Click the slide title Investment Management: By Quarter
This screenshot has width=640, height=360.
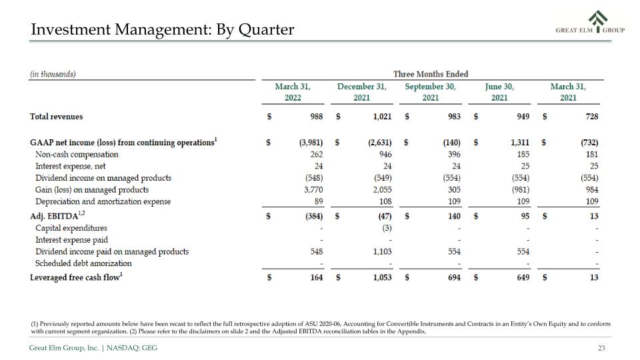click(163, 29)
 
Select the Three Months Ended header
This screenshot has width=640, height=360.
click(431, 74)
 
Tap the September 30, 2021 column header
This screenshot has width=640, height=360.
click(431, 92)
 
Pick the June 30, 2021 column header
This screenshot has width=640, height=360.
click(499, 92)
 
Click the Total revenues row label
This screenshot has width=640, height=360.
click(56, 116)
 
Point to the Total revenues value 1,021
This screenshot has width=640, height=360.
click(382, 116)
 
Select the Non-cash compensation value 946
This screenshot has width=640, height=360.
click(385, 154)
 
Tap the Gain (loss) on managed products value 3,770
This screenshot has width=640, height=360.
click(313, 189)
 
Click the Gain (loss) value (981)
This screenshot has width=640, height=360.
click(521, 189)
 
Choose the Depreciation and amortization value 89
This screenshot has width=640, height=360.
click(319, 201)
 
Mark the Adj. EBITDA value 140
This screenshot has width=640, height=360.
click(454, 216)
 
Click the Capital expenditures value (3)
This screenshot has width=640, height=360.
click(387, 228)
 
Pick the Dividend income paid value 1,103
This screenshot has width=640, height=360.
click(382, 251)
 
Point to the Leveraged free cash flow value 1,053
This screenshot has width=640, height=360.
click(382, 277)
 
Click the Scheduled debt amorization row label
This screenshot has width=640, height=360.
click(84, 263)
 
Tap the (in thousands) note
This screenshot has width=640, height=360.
click(53, 74)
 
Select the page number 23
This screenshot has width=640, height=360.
click(601, 348)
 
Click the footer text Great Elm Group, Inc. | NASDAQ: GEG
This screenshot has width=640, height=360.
click(93, 348)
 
